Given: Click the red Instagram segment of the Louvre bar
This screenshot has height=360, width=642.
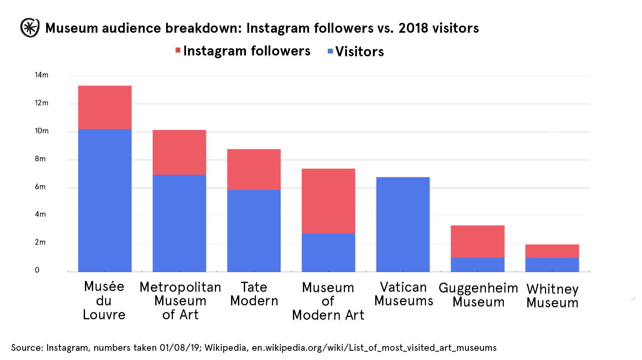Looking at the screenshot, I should point(105,107).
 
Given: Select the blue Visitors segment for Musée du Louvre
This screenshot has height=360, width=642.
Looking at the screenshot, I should point(105,200).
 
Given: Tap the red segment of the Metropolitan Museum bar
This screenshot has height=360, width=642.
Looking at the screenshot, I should point(179,152).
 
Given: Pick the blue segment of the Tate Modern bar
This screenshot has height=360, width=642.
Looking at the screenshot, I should point(254,230).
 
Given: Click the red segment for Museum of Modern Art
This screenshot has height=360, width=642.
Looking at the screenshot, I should point(328,201).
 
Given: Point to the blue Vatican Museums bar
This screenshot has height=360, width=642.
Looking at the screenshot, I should point(403,224).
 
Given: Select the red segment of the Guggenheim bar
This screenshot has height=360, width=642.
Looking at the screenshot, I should point(478,241).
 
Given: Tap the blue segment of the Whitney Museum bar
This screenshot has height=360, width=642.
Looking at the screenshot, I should point(552,265).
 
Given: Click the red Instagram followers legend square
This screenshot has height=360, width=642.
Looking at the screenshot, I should point(178,50).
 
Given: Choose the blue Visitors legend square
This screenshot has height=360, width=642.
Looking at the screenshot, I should point(330,51).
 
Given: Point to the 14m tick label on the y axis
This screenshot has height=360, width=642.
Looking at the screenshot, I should point(42,75).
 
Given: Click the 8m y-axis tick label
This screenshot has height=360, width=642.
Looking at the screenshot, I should point(40,159).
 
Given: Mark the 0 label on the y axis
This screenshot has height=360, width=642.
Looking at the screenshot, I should point(37,270).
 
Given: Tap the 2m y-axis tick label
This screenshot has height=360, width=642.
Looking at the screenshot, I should point(40,242).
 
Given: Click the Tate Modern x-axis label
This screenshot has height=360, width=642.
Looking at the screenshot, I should point(254,294).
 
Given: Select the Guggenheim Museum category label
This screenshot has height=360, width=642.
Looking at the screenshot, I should point(478,295).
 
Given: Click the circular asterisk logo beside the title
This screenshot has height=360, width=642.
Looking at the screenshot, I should point(30,28).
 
